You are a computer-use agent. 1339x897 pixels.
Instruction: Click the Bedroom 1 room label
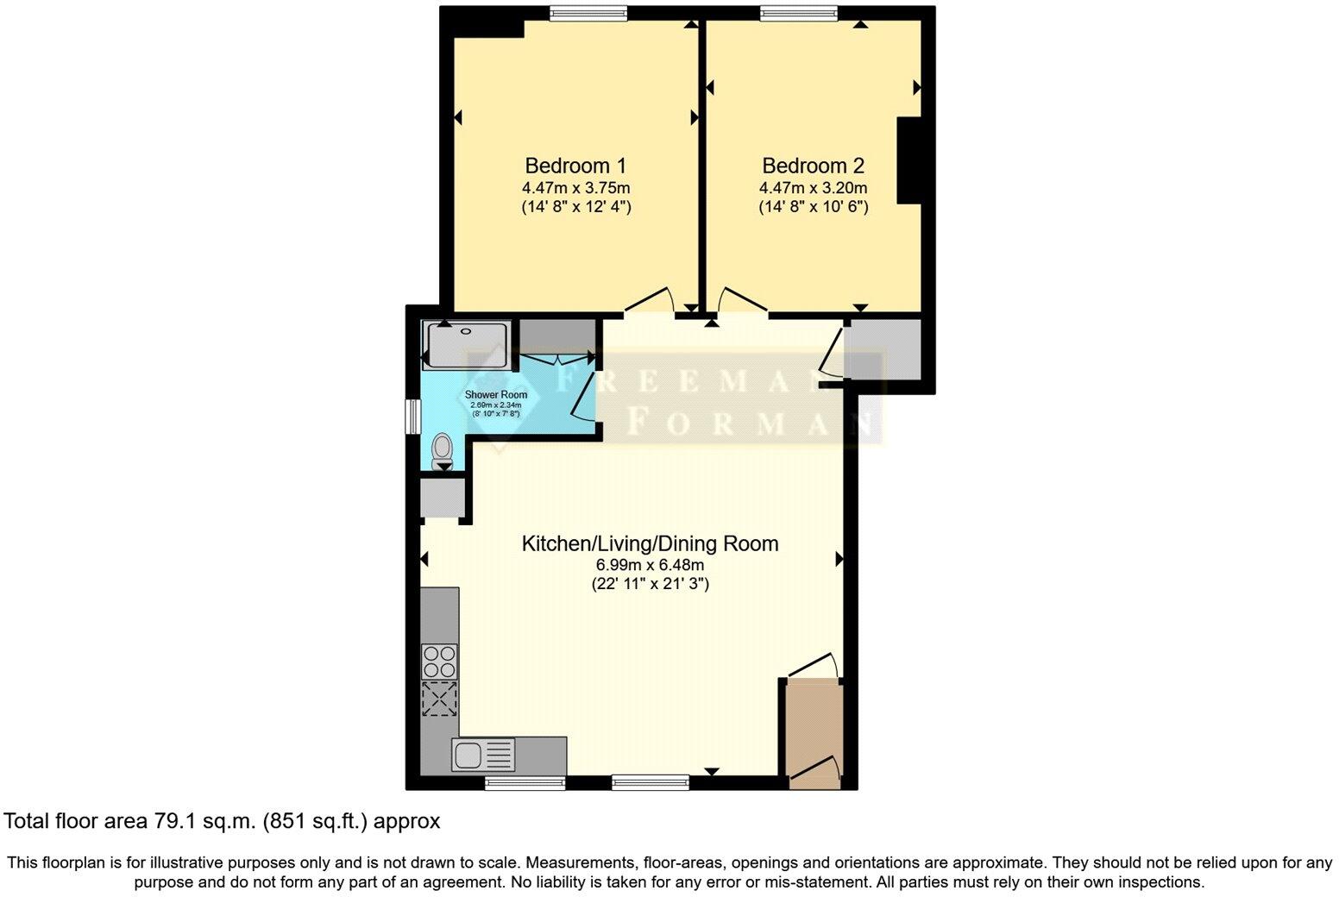click(x=575, y=166)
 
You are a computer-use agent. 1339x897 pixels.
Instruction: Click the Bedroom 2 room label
click(x=813, y=166)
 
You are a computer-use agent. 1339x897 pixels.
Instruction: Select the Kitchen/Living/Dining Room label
click(x=650, y=544)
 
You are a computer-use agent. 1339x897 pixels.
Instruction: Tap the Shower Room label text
click(x=496, y=395)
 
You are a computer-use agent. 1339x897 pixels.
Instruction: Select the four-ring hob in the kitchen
click(x=439, y=662)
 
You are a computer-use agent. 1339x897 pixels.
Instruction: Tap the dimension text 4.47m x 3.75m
click(x=575, y=188)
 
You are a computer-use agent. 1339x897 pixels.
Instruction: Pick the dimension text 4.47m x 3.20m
click(x=813, y=188)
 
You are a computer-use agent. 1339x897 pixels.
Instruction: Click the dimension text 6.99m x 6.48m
click(x=650, y=566)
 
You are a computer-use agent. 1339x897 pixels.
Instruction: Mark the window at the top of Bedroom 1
click(x=588, y=13)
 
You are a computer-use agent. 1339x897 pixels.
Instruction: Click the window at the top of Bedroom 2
click(x=798, y=13)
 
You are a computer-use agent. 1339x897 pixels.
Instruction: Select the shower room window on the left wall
click(x=413, y=416)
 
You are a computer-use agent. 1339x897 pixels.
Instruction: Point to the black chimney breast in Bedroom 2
click(x=909, y=161)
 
